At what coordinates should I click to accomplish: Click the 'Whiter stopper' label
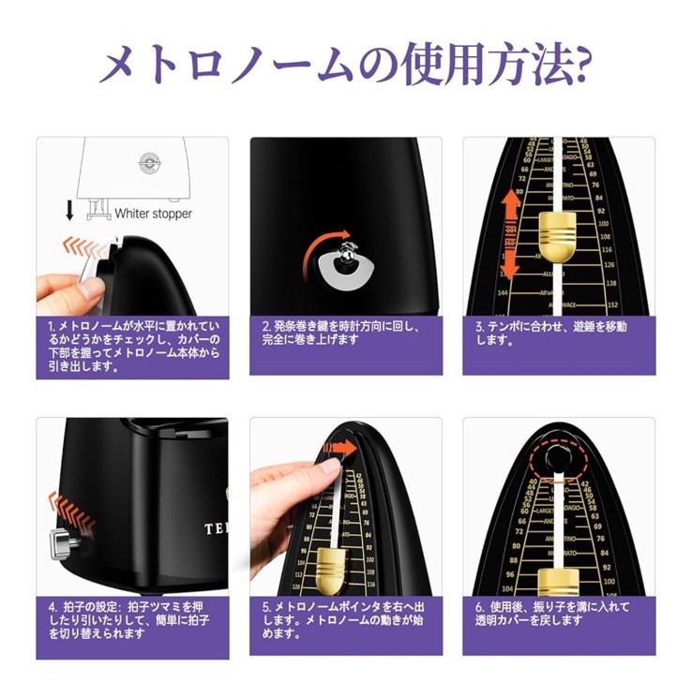(x=153, y=213)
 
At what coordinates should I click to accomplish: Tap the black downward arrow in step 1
(x=69, y=209)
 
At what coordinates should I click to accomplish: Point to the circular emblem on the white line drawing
(x=148, y=161)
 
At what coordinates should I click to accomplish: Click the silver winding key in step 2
(x=346, y=254)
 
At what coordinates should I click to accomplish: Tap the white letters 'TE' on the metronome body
(x=215, y=529)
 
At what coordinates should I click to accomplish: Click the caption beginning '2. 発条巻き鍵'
(x=345, y=333)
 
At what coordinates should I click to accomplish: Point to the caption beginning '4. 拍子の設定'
(x=132, y=619)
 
